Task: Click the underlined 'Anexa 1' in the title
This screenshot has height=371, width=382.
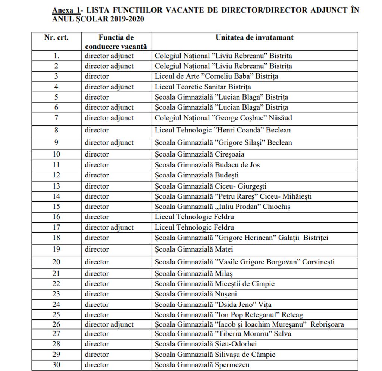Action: [66, 10]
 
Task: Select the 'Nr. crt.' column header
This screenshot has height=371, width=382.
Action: [56, 38]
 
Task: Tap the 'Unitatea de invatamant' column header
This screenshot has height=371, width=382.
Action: [254, 38]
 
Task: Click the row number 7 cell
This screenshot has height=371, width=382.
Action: [56, 118]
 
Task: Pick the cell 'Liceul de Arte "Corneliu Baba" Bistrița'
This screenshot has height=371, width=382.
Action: [216, 76]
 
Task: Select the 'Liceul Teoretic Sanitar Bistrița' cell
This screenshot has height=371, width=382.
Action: [203, 87]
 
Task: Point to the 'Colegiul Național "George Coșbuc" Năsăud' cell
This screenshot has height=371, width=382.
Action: [223, 118]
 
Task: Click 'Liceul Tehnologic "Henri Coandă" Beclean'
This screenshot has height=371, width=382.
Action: [223, 130]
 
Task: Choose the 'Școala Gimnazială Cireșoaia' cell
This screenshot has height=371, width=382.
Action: [200, 154]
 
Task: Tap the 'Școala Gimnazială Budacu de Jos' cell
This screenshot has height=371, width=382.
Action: [207, 165]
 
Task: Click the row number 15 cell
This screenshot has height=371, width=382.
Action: [56, 207]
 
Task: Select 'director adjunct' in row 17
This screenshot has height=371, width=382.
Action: [109, 227]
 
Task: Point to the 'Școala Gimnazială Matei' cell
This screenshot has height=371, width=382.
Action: [194, 249]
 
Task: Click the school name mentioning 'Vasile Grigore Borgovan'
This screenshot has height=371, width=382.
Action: [244, 262]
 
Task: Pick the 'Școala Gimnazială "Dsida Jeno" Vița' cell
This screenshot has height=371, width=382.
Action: [213, 305]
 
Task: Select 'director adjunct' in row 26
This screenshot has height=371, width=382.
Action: [109, 324]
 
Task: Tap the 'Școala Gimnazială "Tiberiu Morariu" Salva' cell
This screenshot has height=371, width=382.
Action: [223, 333]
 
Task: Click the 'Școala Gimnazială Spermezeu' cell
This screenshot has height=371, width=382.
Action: [202, 365]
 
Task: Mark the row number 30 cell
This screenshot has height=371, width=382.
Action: [56, 365]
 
